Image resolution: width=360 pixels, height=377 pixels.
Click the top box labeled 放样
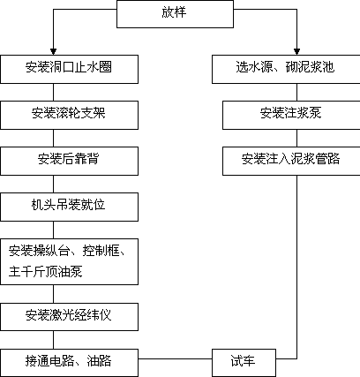175,14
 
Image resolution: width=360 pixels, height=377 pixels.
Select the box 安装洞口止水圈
69,69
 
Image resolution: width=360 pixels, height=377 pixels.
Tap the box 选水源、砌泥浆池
286,69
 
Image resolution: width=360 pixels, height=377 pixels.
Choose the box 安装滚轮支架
69,115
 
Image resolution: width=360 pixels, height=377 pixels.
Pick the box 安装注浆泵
291,115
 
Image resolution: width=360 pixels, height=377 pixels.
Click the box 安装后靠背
69,161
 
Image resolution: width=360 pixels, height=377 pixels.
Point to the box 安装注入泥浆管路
291,161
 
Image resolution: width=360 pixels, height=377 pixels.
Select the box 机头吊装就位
69,207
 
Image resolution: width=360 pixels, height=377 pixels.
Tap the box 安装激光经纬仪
69,317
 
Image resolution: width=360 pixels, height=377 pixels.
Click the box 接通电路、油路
69,363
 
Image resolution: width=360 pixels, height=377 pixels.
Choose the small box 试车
244,363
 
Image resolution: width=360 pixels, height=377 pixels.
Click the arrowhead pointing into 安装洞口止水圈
53,52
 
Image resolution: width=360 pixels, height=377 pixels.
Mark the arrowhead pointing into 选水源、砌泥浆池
296,52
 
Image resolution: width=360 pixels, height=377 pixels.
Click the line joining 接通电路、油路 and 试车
175,358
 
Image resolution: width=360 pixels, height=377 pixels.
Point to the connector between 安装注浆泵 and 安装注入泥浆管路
296,138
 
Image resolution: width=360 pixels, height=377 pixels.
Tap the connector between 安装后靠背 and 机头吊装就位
53,184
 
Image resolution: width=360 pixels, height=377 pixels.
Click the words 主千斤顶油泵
45,271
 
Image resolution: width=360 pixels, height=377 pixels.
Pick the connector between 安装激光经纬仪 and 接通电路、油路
53,340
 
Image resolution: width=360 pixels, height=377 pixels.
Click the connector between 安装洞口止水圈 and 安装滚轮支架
53,92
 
